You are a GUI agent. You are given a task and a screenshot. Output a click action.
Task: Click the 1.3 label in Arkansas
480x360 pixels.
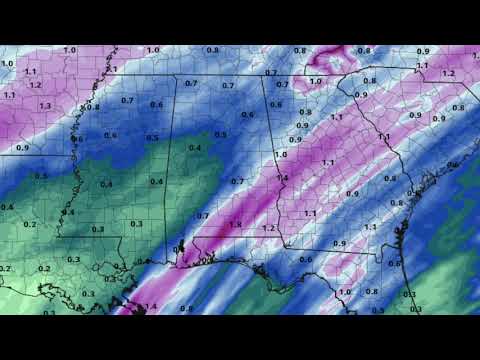click(44, 105)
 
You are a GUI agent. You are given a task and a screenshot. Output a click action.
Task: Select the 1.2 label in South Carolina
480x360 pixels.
click(447, 73)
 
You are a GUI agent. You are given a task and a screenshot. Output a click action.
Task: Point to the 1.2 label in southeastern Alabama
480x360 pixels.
click(267, 228)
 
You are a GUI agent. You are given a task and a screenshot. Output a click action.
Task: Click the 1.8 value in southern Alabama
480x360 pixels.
click(236, 224)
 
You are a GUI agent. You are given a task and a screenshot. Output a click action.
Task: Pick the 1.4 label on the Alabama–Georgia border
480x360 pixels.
click(283, 178)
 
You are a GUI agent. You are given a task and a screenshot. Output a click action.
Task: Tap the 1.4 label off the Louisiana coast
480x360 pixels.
click(152, 306)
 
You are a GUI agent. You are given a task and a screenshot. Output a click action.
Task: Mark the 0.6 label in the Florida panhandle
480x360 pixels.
click(306, 259)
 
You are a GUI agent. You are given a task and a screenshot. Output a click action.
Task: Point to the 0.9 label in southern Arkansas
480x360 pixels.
click(22, 148)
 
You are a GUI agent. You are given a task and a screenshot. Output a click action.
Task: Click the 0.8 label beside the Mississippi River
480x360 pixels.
click(94, 107)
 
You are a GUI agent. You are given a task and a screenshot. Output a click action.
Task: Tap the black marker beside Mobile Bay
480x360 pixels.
click(180, 248)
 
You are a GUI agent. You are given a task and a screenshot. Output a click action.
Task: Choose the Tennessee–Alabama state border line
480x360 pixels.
click(220, 77)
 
